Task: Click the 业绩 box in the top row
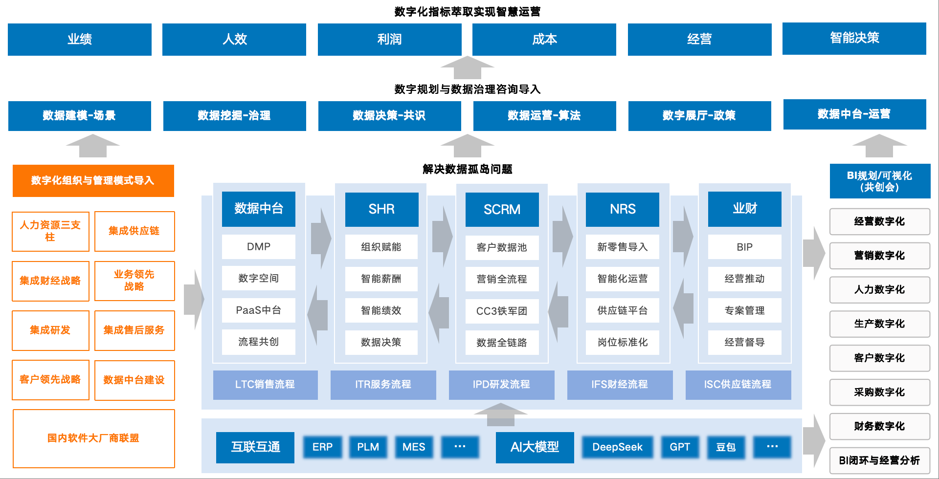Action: coord(79,39)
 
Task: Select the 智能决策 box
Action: coord(854,38)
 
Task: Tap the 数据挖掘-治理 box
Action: coord(234,116)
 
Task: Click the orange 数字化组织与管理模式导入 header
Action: coord(93,181)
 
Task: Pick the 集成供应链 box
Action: coord(134,231)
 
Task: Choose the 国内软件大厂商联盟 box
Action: coord(93,438)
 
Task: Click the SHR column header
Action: coord(381,209)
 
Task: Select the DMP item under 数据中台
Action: coord(258,247)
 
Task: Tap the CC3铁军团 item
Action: coord(502,311)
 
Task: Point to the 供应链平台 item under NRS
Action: coord(622,310)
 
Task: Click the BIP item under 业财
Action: coord(744,247)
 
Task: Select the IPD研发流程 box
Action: coord(501,385)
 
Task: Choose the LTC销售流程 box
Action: coord(265,385)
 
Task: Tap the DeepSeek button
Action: coord(617,447)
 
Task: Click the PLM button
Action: coord(368,447)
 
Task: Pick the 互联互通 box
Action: coord(255,447)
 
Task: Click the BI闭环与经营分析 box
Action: coord(879,460)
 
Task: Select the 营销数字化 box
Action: coord(879,256)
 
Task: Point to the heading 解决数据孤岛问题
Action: coord(468,169)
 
